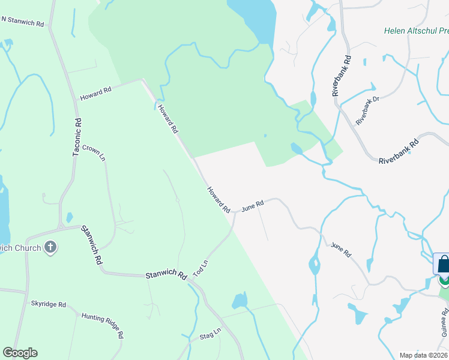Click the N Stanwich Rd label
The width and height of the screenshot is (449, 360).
click(22, 22)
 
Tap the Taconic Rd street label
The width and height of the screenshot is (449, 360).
click(77, 137)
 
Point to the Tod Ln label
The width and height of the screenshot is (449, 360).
click(200, 266)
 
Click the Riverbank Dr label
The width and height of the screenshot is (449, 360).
click(368, 111)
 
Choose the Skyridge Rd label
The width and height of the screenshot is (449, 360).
click(49, 304)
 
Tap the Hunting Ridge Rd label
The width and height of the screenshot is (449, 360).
click(103, 325)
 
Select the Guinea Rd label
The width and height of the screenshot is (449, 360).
click(445, 322)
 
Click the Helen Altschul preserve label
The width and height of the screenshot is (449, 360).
click(417, 31)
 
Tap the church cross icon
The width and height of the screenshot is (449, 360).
click(50, 247)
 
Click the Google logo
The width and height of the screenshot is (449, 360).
click(20, 352)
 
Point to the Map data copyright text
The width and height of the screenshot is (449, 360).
click(423, 355)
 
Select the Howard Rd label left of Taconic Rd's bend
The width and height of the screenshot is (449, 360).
click(96, 93)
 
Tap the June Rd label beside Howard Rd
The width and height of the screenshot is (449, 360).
click(253, 206)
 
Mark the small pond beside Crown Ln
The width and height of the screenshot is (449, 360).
click(70, 217)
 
